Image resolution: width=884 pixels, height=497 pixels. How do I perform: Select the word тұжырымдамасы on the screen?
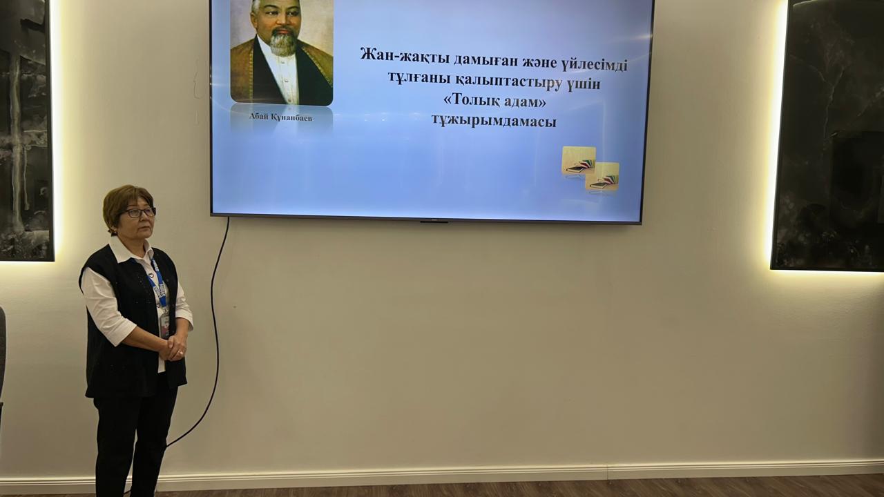tap(493, 120)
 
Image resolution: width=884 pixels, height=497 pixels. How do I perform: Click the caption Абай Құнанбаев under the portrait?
tap(280, 117)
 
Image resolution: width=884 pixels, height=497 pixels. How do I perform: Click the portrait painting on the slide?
tap(282, 52)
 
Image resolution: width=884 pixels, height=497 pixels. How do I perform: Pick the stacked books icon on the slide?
tap(590, 170)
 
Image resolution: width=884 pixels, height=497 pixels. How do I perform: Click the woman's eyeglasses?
tap(140, 212)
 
